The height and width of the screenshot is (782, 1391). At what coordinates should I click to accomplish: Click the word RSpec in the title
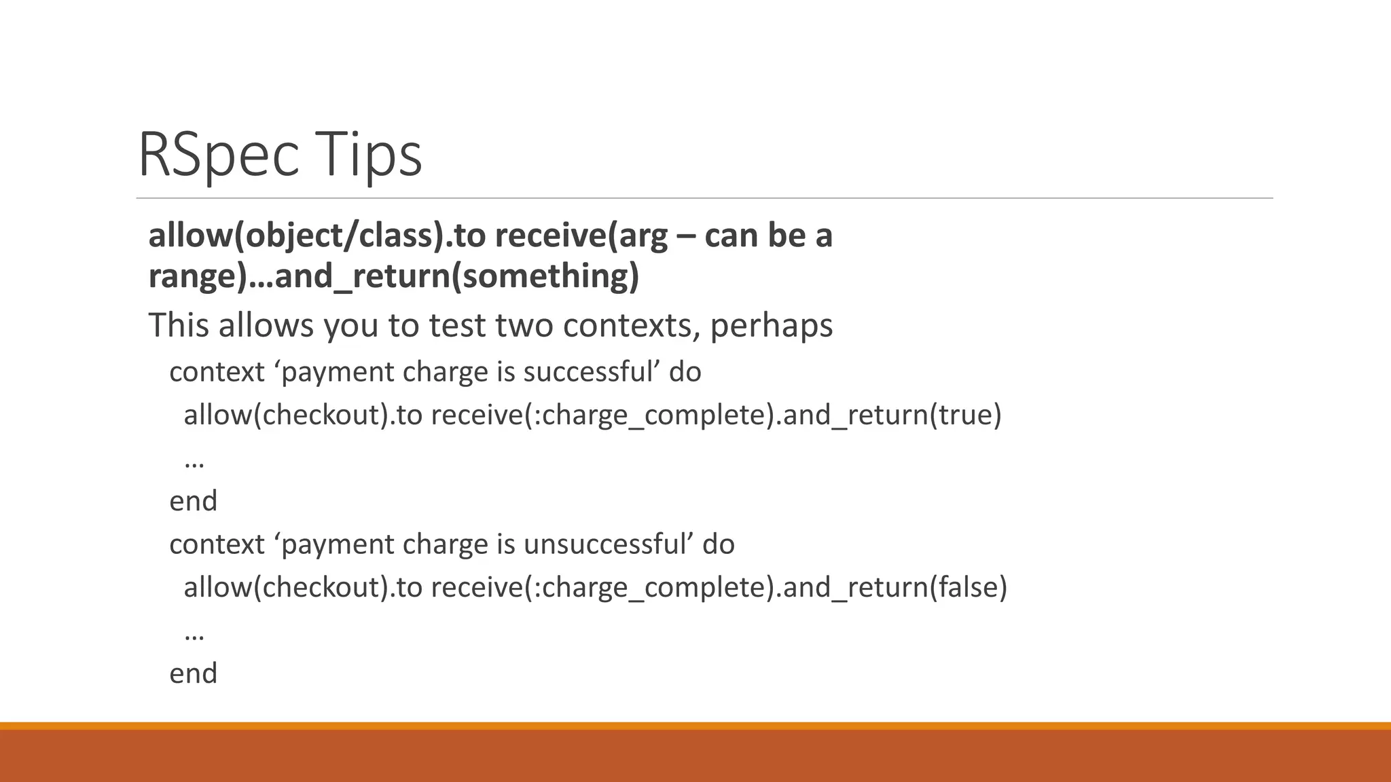click(217, 155)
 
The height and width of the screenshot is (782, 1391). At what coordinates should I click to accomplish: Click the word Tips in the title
click(367, 155)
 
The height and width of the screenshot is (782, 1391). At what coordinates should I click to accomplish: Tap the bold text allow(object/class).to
click(317, 236)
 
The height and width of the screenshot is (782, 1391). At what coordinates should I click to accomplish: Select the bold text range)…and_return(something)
click(394, 276)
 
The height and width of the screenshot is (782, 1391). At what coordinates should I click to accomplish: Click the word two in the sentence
click(524, 325)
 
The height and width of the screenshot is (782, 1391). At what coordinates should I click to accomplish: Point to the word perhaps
click(771, 325)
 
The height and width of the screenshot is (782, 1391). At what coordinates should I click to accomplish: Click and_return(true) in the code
click(892, 415)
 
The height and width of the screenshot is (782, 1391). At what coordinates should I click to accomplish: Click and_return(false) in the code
click(895, 587)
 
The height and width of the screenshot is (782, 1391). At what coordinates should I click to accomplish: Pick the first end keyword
click(193, 502)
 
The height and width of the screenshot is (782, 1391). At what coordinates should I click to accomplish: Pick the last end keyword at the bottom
click(193, 674)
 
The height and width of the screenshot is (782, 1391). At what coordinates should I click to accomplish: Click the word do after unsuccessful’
click(719, 544)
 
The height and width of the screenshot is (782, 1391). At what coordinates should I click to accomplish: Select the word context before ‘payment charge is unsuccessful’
click(217, 544)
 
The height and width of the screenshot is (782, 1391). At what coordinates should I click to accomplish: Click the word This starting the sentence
click(179, 325)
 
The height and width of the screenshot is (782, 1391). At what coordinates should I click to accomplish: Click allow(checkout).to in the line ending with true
click(303, 415)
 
